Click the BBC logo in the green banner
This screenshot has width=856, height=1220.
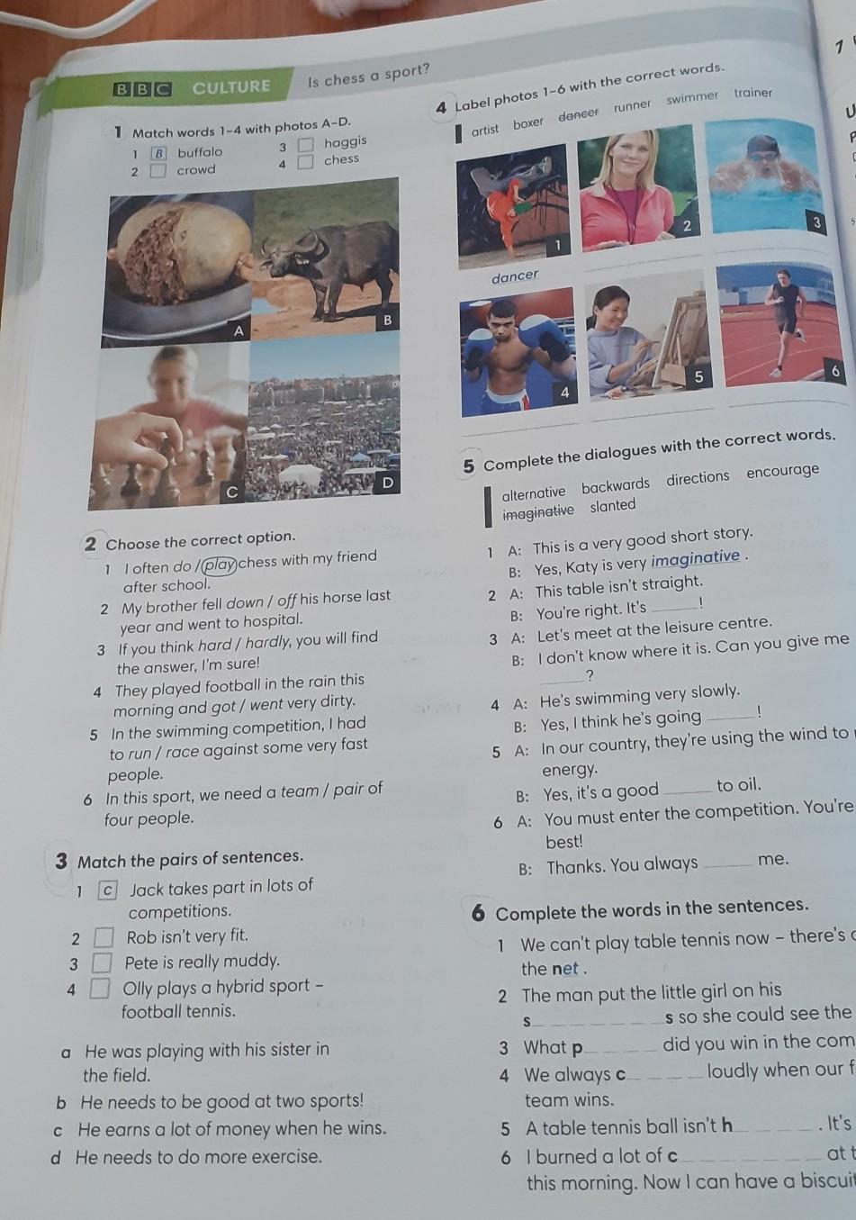click(142, 89)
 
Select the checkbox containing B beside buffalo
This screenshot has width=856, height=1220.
click(158, 153)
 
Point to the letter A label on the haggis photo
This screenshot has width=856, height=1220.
click(238, 330)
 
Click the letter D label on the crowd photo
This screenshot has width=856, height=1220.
click(387, 483)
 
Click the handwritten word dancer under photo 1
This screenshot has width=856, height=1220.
click(515, 276)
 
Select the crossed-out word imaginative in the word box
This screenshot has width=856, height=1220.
click(538, 512)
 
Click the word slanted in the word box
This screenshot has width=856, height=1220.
click(613, 506)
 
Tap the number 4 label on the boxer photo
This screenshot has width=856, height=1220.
click(565, 393)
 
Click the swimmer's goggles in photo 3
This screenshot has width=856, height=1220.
click(763, 157)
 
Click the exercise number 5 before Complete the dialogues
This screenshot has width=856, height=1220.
click(469, 466)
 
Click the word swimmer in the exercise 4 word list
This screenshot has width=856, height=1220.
click(693, 98)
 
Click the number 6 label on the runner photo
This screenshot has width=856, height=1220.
click(835, 371)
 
